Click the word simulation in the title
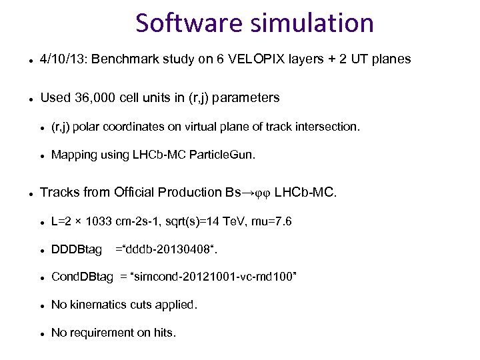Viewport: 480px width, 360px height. click(312, 23)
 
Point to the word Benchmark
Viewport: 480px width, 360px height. click(124, 59)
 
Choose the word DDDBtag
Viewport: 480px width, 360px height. click(77, 249)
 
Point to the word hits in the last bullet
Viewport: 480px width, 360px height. click(163, 333)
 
